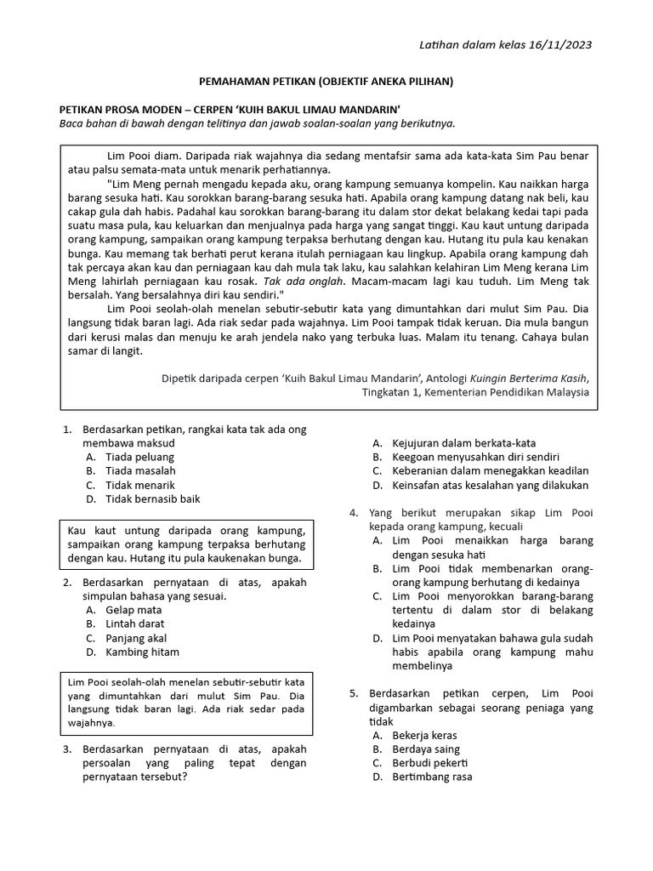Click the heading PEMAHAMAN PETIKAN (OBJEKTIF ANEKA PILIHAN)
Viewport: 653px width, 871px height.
(326, 82)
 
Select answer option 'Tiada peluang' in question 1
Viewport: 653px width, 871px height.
(139, 457)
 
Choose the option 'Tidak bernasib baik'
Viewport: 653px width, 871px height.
(153, 499)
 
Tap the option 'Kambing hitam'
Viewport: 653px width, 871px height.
(142, 652)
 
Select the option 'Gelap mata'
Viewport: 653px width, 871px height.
(133, 610)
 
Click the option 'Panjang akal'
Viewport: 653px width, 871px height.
(136, 638)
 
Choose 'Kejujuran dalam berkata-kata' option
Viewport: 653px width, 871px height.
(463, 443)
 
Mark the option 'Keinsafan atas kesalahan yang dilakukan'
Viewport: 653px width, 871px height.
(490, 485)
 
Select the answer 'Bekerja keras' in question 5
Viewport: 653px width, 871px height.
(424, 735)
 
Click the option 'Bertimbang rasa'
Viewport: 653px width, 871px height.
(432, 777)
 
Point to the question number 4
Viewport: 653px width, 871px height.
(354, 513)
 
